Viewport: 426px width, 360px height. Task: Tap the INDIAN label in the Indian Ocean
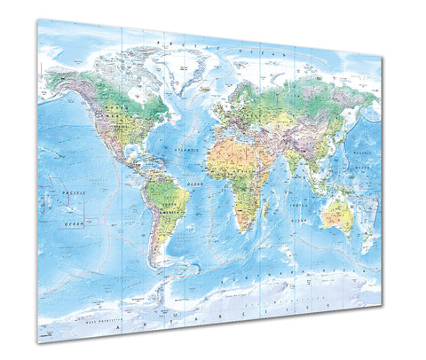(x=301, y=203)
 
